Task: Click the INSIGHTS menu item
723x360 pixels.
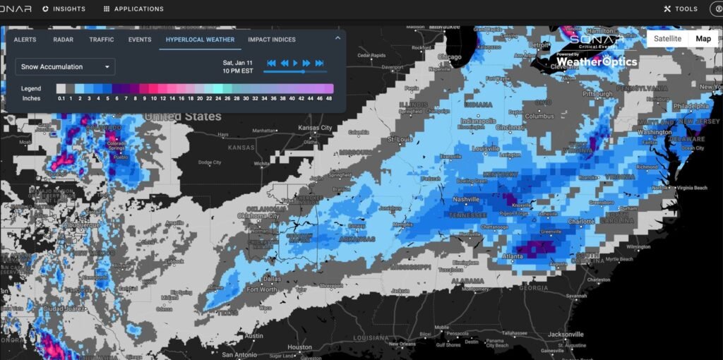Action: click(64, 9)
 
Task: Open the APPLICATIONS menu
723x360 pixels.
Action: click(133, 9)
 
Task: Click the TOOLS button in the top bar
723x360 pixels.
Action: click(681, 9)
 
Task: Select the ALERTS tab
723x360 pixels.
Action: click(25, 40)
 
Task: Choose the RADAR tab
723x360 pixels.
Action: click(62, 40)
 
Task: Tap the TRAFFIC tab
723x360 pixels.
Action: click(102, 40)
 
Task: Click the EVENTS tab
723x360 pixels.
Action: click(140, 40)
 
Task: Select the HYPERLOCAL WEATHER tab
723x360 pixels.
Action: click(200, 40)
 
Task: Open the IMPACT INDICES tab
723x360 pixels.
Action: click(272, 40)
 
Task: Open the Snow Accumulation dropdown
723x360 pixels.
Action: click(65, 67)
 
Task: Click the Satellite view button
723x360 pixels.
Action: click(667, 39)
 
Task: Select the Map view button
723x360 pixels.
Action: click(703, 39)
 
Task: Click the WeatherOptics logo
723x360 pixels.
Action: click(596, 61)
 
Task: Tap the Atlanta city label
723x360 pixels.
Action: click(513, 257)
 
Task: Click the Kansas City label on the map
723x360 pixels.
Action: click(315, 128)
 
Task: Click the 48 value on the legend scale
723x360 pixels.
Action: click(329, 99)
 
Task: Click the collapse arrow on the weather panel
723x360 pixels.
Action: click(337, 38)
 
